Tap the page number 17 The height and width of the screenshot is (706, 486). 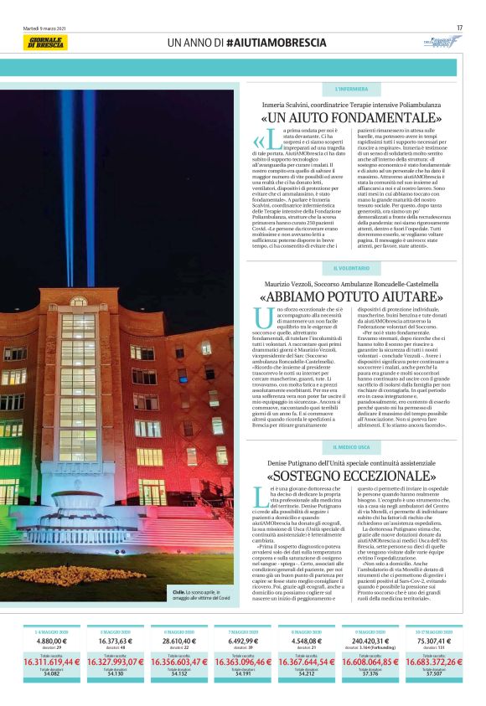[x=459, y=28]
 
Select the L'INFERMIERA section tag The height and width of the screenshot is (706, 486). [x=351, y=88]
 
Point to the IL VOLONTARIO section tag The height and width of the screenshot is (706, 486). [x=351, y=268]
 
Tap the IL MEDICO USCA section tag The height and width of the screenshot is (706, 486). [x=351, y=448]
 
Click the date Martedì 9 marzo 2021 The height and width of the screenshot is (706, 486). [x=46, y=28]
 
